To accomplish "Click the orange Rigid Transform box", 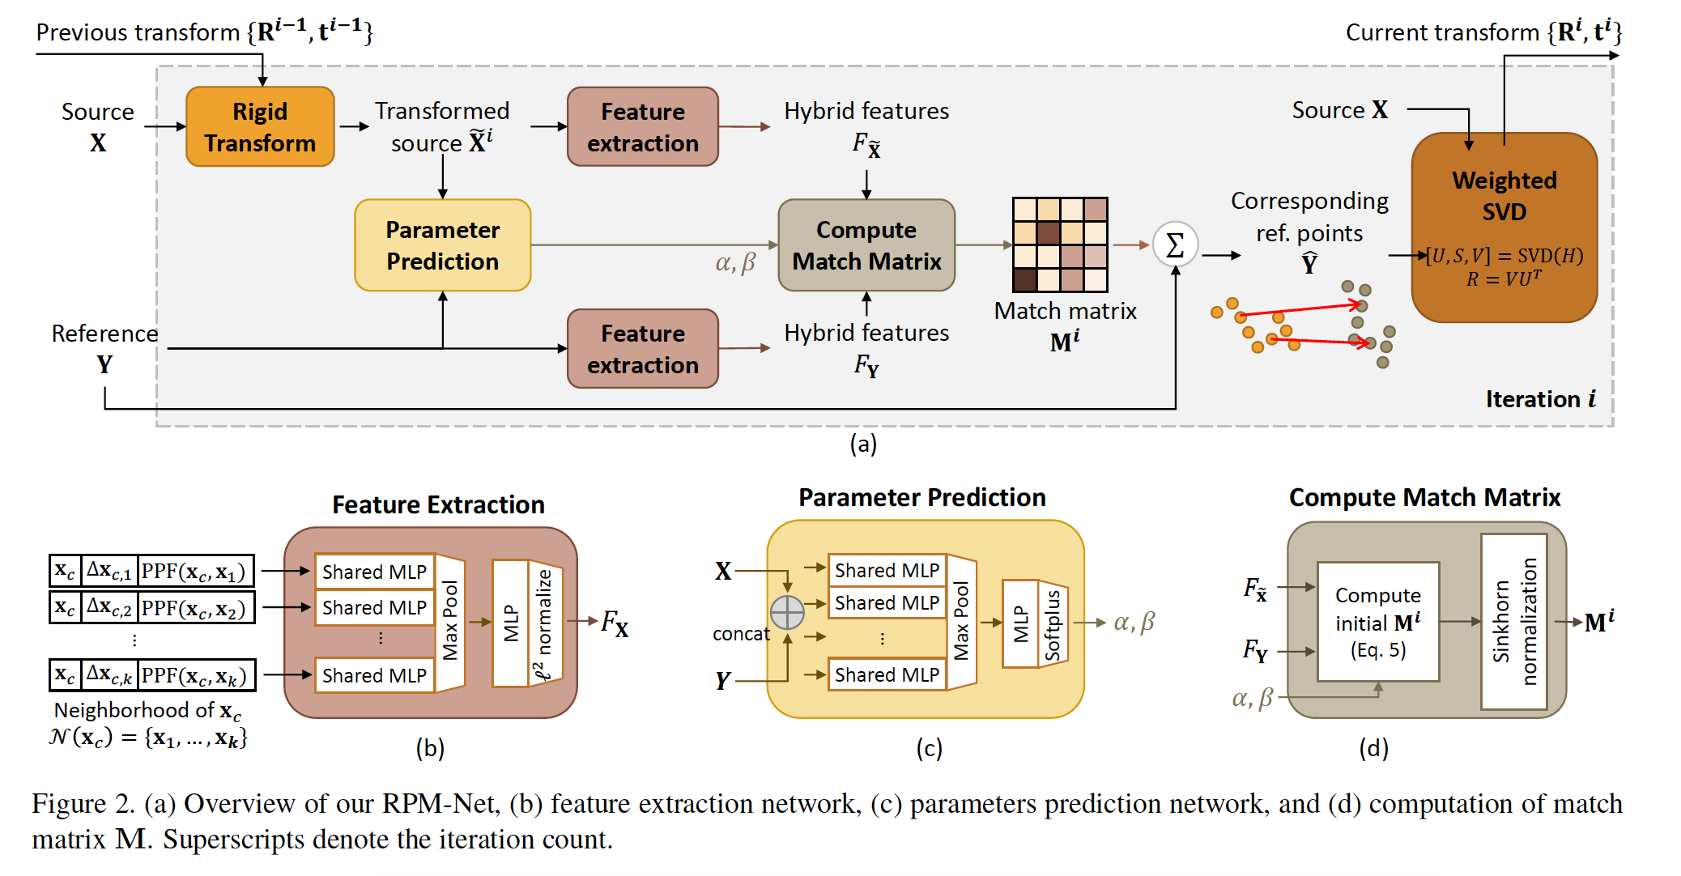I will click(x=260, y=127).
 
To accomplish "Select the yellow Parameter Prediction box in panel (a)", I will click(x=442, y=245).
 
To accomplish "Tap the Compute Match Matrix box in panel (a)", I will click(x=866, y=245).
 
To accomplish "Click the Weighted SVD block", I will click(x=1504, y=227).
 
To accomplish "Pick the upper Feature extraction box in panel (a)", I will click(x=642, y=127).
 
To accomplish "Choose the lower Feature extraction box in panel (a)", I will click(x=642, y=349).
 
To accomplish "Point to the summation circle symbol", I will click(x=1175, y=245).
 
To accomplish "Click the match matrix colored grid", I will click(x=1060, y=245).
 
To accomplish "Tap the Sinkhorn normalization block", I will click(x=1513, y=622).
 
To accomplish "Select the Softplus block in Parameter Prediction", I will click(x=1052, y=624).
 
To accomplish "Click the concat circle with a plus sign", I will click(x=787, y=612).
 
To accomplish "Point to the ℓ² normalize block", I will click(x=544, y=623).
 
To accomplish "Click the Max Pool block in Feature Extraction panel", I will click(x=450, y=622).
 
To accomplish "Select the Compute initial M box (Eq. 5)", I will click(x=1377, y=622).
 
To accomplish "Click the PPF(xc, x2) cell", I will click(x=194, y=608).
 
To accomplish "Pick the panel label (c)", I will click(x=929, y=748).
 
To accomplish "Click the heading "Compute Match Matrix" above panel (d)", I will click(x=1424, y=497).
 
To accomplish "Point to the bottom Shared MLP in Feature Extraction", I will click(x=374, y=675).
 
